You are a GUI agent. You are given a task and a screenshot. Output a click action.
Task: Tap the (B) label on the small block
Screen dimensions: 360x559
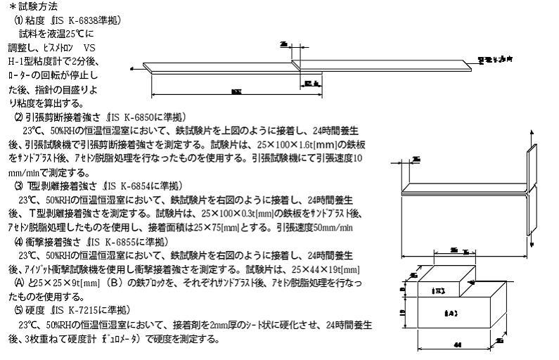pyautogui.click(x=437, y=289)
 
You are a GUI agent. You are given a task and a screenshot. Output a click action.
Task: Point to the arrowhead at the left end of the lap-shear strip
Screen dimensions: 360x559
pyautogui.click(x=134, y=69)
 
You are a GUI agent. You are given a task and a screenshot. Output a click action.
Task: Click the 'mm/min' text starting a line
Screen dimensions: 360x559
pyautogui.click(x=23, y=172)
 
